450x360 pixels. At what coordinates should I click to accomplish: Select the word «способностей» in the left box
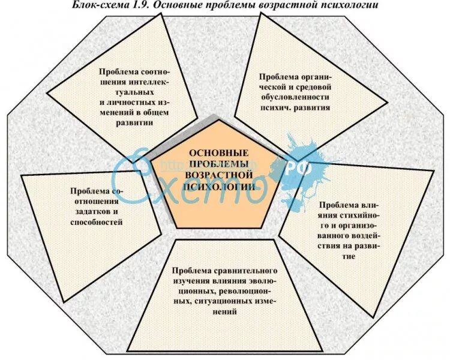[x=96, y=222]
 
